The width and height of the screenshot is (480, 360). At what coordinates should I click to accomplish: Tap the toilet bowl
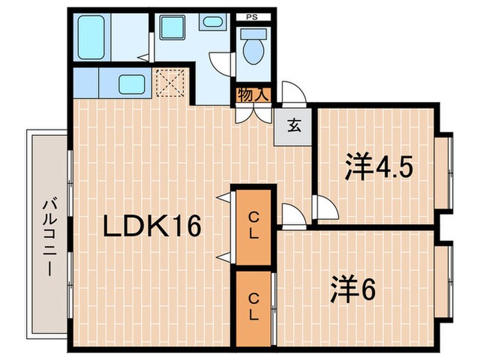pyautogui.click(x=253, y=49)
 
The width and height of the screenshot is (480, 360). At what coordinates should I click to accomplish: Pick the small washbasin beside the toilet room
pyautogui.click(x=211, y=21)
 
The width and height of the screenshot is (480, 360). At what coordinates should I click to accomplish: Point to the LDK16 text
pyautogui.click(x=152, y=226)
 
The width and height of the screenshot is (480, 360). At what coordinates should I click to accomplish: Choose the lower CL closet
pyautogui.click(x=253, y=307)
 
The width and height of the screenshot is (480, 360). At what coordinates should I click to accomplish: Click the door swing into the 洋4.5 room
pyautogui.click(x=324, y=206)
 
